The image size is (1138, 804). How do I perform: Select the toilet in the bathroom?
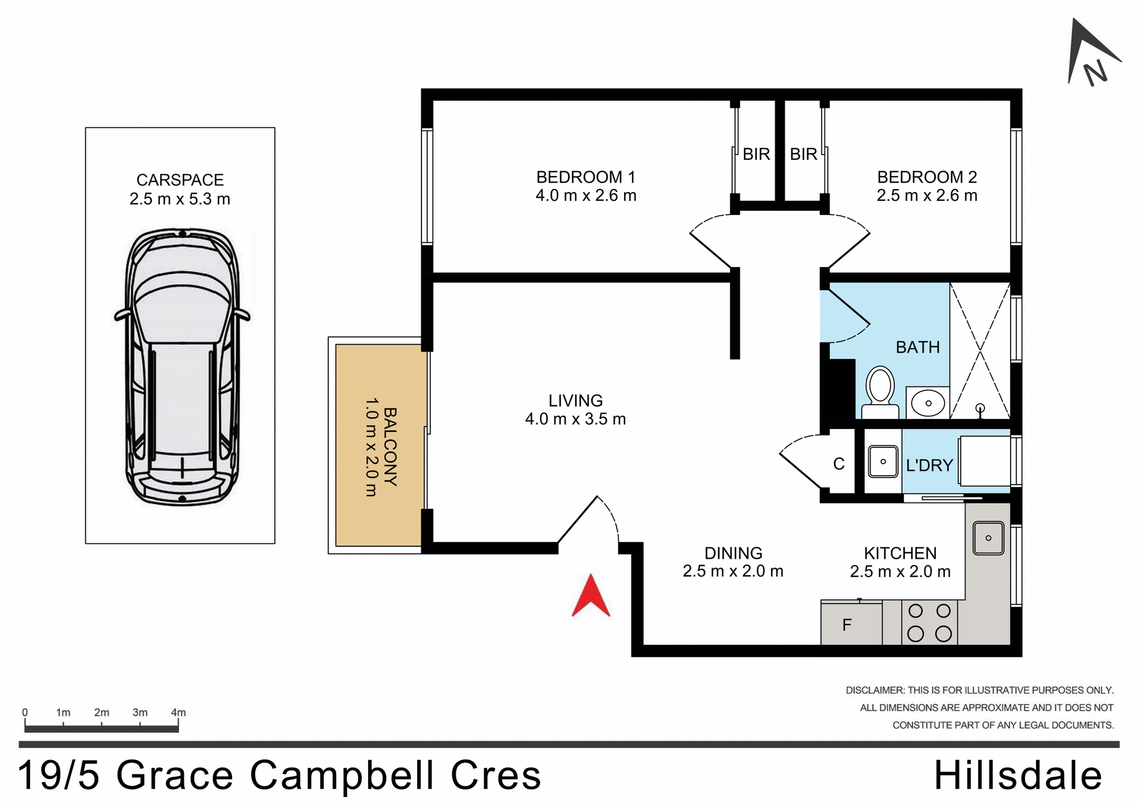click(880, 393)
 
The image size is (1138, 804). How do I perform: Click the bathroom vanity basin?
click(928, 403)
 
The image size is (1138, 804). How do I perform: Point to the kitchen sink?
click(988, 538)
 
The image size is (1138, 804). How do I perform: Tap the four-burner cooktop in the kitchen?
click(929, 622)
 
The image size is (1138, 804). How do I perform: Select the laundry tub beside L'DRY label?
click(883, 462)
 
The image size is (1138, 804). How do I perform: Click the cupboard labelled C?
click(839, 464)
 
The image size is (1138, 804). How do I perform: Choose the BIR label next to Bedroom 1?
click(756, 154)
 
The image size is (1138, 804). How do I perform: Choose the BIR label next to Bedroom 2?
click(803, 154)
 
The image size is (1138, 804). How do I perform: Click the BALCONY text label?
click(390, 447)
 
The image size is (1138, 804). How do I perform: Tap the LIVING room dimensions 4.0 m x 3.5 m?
click(575, 419)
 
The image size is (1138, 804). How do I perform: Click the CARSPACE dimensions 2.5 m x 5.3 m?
click(180, 199)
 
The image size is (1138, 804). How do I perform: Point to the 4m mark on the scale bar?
click(178, 713)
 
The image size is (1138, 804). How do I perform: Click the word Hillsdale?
click(1018, 776)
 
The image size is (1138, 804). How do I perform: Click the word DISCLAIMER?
click(875, 690)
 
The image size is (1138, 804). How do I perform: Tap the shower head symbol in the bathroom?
click(980, 409)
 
